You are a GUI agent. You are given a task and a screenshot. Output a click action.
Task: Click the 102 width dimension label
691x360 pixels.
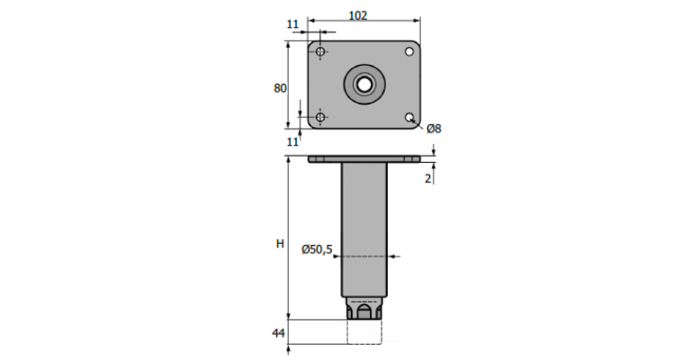pyautogui.click(x=357, y=15)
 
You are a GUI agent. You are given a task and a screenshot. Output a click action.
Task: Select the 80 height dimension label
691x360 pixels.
pyautogui.click(x=281, y=88)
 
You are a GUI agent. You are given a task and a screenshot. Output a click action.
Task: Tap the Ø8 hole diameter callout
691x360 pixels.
pyautogui.click(x=434, y=129)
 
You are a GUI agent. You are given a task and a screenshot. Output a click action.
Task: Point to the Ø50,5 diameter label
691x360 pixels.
pyautogui.click(x=317, y=249)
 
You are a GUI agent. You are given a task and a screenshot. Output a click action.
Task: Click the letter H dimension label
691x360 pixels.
pyautogui.click(x=280, y=244)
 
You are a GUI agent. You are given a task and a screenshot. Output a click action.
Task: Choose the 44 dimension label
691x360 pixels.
pyautogui.click(x=279, y=333)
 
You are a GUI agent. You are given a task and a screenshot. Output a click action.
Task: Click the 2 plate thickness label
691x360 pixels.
pyautogui.click(x=428, y=179)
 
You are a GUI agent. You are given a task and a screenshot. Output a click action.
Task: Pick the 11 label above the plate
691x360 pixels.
pyautogui.click(x=292, y=24)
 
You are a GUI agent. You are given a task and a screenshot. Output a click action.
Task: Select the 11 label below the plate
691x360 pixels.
pyautogui.click(x=292, y=142)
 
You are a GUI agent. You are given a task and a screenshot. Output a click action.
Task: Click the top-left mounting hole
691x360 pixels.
pyautogui.click(x=321, y=52)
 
